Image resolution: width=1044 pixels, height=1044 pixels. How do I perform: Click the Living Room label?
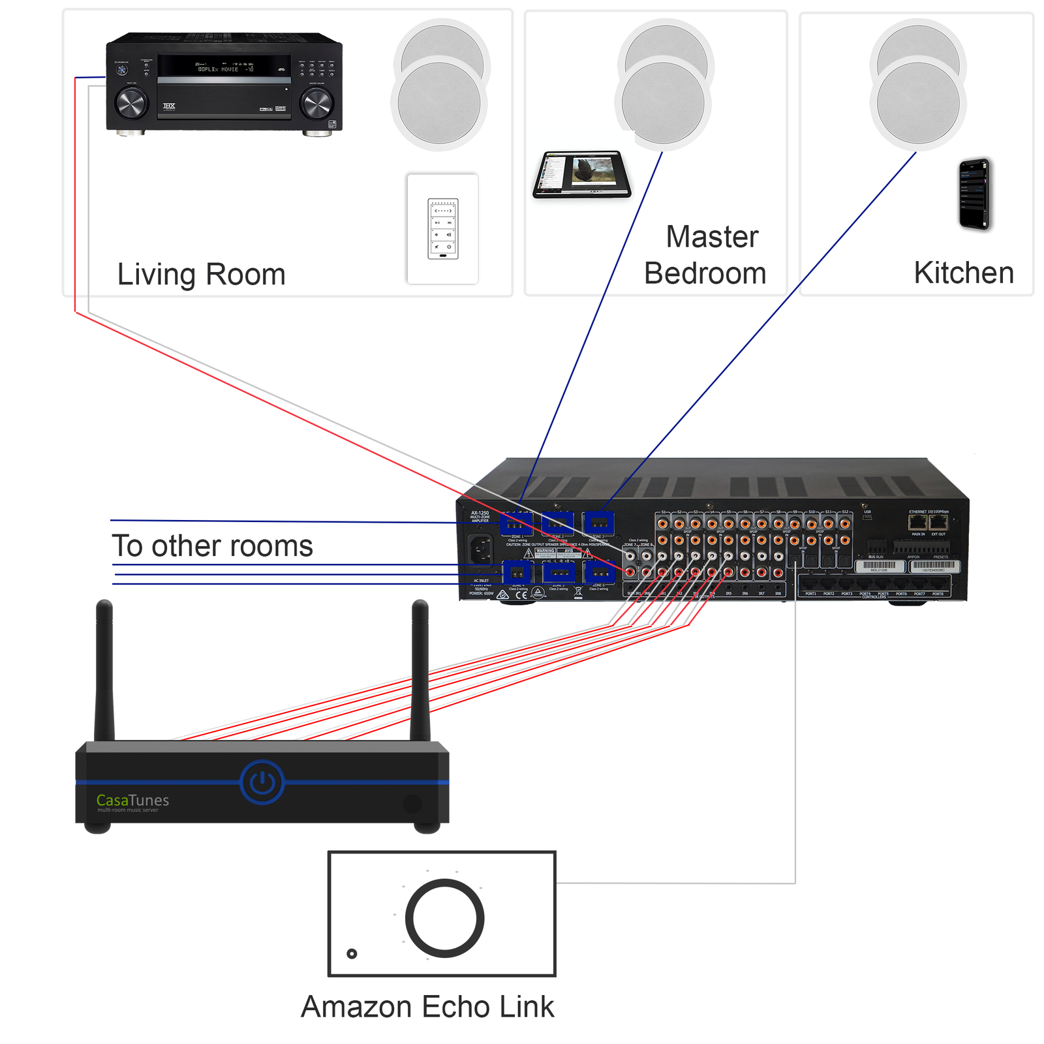201,275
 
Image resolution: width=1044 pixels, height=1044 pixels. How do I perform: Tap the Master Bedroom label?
705,255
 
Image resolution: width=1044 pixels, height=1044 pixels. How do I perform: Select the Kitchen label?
963,273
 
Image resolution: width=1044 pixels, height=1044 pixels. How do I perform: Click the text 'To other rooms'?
212,545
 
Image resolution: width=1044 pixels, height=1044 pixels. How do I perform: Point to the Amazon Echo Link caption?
427,1006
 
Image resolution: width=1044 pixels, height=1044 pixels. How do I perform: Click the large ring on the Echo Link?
444,918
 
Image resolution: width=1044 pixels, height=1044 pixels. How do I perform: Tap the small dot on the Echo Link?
352,953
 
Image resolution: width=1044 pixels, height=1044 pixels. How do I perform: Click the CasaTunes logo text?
132,801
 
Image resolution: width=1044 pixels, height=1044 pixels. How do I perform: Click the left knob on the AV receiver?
131,102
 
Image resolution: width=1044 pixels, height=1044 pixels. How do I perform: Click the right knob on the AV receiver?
316,102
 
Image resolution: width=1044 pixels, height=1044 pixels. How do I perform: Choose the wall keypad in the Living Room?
442,228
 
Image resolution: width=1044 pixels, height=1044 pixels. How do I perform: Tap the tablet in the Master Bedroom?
582,174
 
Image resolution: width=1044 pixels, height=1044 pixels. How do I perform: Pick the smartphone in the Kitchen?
974,194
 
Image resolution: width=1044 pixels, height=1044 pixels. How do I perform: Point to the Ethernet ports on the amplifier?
928,522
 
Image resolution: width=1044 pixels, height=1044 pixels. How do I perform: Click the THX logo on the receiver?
169,106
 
